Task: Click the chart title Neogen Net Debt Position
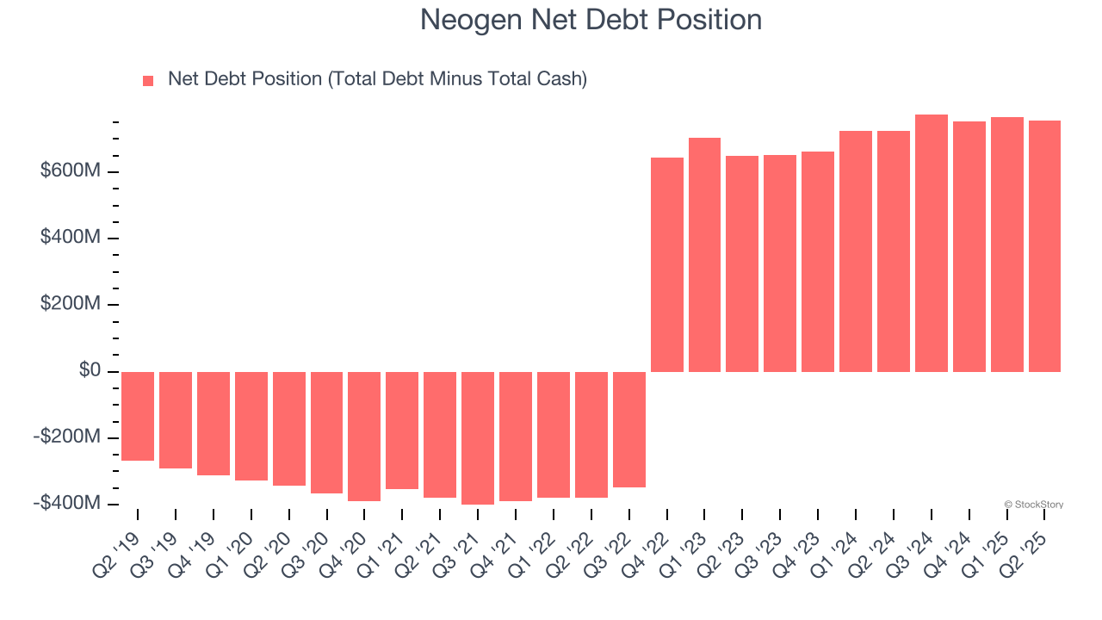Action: click(x=591, y=20)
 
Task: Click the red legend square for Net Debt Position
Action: click(x=148, y=80)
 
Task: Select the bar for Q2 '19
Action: click(x=138, y=416)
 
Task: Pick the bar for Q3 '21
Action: click(x=478, y=437)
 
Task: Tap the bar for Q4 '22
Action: click(x=667, y=264)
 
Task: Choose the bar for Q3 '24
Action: click(x=932, y=243)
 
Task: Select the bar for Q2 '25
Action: click(x=1044, y=246)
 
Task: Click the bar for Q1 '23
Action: click(x=704, y=255)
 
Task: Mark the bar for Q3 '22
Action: click(x=629, y=429)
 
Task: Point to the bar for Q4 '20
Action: click(x=364, y=436)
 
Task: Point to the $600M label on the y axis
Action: click(x=71, y=171)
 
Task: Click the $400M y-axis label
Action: click(x=71, y=238)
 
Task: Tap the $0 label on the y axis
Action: click(x=90, y=371)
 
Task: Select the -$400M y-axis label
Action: click(x=68, y=503)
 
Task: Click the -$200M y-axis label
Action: click(x=68, y=437)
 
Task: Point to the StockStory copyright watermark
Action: click(x=1033, y=505)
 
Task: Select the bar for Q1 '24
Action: click(x=856, y=251)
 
